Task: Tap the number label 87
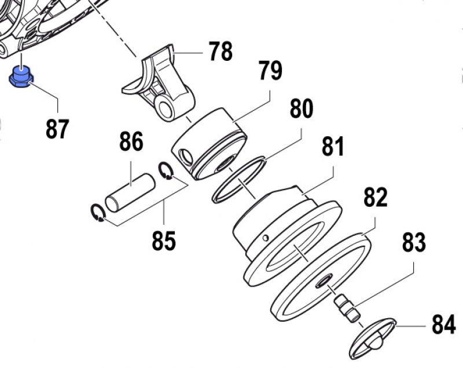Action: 57,129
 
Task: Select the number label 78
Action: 221,52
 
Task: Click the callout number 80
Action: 302,108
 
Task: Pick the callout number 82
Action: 375,198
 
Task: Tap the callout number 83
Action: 414,242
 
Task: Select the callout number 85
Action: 163,241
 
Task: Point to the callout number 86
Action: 131,141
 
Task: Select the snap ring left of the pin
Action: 98,213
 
